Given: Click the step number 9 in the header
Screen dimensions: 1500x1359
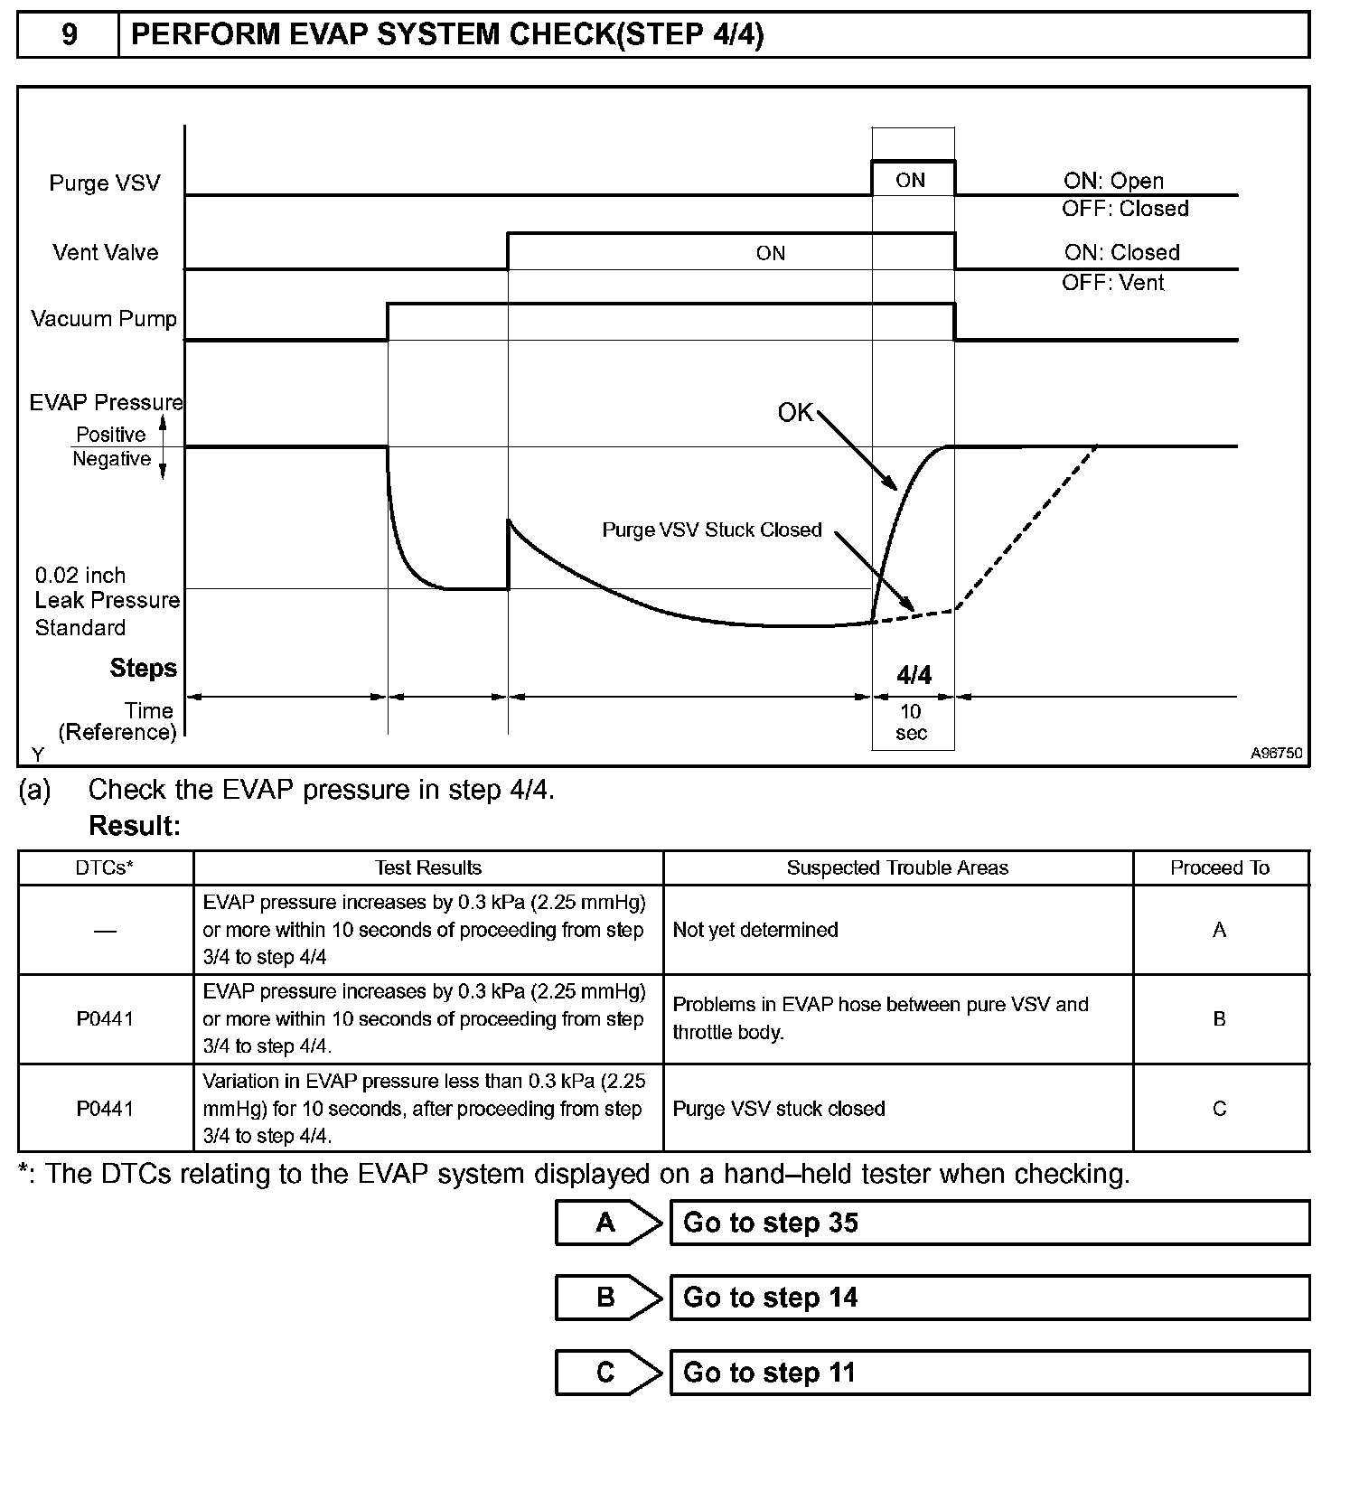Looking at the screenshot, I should point(69,34).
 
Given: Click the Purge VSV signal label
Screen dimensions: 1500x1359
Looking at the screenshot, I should point(105,183).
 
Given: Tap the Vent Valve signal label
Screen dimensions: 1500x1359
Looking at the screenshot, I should point(105,253).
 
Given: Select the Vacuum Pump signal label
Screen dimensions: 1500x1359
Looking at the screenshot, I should point(104,319).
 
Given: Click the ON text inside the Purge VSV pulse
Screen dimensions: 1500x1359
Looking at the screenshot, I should point(910,181).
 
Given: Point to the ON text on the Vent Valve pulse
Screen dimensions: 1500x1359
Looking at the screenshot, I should point(770,254).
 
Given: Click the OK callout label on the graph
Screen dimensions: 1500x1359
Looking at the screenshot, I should point(795,413).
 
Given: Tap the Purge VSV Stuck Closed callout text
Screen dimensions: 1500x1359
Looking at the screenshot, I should point(712,530).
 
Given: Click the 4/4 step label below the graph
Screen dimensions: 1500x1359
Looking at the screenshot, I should point(914,675).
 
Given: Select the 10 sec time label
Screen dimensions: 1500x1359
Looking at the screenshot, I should point(911,722).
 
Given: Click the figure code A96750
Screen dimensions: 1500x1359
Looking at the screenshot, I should point(1276,753).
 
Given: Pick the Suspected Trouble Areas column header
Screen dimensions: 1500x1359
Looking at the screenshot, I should point(897,868).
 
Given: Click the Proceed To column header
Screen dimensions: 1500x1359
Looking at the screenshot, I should point(1220,868).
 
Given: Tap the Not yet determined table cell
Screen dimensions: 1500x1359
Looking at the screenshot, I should point(755,930).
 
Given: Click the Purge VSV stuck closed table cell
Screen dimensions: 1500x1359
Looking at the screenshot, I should point(779,1109).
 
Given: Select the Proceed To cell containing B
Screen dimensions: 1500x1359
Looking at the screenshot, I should point(1220,1019).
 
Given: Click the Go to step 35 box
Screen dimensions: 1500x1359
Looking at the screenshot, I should point(989,1223).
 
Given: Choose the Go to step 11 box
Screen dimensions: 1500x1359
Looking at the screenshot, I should point(989,1373).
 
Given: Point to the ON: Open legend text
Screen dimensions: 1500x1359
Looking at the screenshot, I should point(1113,181).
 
